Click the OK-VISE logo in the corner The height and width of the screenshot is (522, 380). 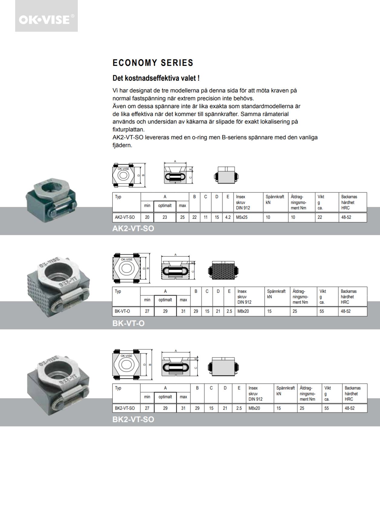coord(46,19)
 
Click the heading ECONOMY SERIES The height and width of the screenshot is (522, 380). coord(153,63)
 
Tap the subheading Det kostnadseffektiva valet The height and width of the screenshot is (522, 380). coord(156,78)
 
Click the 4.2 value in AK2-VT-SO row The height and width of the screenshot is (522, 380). coord(228,217)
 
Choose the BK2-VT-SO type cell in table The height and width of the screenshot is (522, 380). coord(125,408)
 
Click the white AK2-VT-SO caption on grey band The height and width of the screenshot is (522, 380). coord(133,228)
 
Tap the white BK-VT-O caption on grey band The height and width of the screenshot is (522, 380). coord(129,323)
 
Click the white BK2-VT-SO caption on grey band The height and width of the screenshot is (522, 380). coord(133,419)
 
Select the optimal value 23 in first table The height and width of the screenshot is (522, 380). coord(165,217)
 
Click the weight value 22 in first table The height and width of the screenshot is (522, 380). coord(320,217)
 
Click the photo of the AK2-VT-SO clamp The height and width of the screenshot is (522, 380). coord(51,200)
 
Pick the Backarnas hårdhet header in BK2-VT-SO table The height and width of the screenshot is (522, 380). coord(353,393)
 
